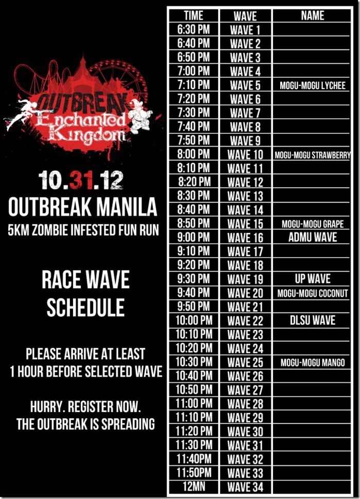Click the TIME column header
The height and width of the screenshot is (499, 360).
coord(193,15)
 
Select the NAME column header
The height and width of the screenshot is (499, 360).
coord(313,15)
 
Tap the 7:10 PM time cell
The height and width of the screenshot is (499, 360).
coord(193,85)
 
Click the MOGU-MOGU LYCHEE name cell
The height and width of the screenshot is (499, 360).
coord(313,85)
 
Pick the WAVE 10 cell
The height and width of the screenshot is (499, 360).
coord(245,155)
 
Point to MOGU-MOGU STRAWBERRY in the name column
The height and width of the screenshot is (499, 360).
coord(313,155)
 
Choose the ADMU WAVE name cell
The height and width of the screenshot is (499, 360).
coord(313,237)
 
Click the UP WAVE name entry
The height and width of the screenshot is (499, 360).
coord(313,279)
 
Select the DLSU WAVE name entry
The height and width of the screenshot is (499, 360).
coord(313,320)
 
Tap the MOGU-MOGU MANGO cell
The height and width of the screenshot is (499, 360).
coord(313,363)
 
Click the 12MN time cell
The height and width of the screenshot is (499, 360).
coord(194,486)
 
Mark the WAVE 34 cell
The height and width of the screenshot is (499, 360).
coord(245,487)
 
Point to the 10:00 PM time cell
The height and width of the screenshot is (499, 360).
coord(194,320)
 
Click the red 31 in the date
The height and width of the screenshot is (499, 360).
coord(81,180)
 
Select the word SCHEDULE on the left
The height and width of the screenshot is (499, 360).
coord(85,307)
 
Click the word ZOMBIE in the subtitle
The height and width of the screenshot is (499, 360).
coord(49,230)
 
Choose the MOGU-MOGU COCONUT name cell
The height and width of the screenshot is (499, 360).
coord(313,293)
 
